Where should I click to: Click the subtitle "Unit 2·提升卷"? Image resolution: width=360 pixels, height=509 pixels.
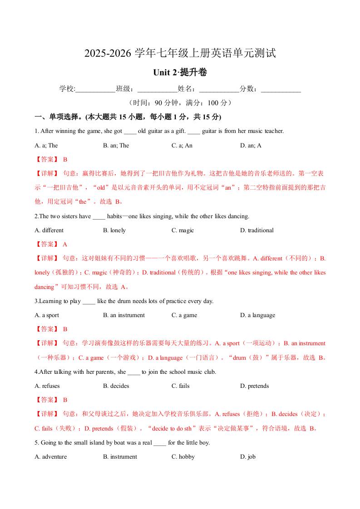tap(180, 72)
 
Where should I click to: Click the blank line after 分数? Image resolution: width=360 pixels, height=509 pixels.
tap(281, 89)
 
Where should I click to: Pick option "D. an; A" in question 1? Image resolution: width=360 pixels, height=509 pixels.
tap(251, 145)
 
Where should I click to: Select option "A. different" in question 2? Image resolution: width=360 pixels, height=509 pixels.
tap(49, 230)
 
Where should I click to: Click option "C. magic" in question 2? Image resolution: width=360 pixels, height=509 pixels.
tap(182, 230)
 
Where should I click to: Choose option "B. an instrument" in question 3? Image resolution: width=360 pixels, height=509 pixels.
tap(123, 315)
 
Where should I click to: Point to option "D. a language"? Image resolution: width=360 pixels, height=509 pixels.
tap(257, 315)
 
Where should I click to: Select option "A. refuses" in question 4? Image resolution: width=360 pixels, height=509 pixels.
tap(47, 386)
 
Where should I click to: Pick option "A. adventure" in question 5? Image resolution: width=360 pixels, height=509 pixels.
tap(50, 456)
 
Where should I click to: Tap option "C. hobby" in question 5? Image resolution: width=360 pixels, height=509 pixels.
tap(183, 456)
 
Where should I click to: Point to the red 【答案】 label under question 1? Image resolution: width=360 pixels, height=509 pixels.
tap(46, 159)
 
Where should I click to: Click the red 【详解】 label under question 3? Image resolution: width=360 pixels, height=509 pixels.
tap(46, 343)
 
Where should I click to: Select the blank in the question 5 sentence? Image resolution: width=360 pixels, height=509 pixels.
tap(160, 443)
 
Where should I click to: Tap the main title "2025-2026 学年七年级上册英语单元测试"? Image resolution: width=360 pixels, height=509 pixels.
tap(180, 54)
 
